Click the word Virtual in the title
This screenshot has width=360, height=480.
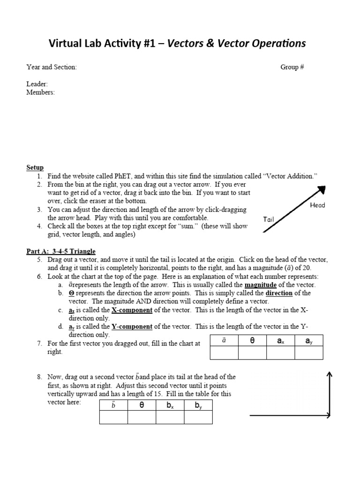click(x=67, y=44)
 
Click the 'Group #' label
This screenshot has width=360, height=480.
click(x=292, y=67)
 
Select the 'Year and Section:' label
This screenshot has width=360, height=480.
click(x=52, y=67)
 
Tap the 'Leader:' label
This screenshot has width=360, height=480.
click(x=37, y=84)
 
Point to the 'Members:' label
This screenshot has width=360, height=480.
click(x=40, y=92)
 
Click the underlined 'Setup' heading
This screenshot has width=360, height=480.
click(x=35, y=167)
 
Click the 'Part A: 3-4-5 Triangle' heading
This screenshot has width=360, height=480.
click(x=61, y=251)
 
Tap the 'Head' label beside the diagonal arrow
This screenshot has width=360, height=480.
click(x=317, y=205)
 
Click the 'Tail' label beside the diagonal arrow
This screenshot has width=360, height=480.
click(x=269, y=219)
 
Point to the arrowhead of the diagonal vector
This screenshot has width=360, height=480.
click(x=322, y=189)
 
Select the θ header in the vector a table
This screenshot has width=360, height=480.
click(x=252, y=341)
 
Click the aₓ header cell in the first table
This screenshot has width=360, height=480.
click(x=280, y=341)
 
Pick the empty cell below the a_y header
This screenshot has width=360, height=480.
click(x=308, y=353)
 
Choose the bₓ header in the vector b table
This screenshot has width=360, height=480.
click(x=170, y=405)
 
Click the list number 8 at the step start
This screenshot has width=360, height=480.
click(x=40, y=377)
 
